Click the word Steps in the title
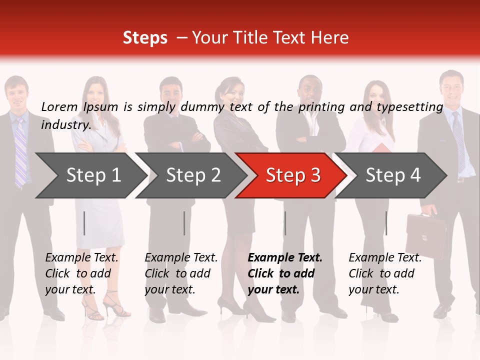145,38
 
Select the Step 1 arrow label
94,175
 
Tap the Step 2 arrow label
193,175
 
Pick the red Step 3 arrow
293,175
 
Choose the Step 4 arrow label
393,175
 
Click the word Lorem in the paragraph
59,106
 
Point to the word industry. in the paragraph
66,125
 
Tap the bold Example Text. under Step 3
285,258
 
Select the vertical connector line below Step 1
84,223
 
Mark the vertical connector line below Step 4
386,223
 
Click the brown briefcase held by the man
426,236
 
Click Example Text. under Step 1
81,258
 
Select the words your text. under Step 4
373,289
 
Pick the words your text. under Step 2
169,289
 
